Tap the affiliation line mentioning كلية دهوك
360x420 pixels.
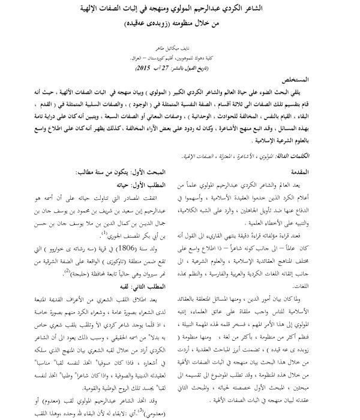pyautogui.click(x=180, y=61)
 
